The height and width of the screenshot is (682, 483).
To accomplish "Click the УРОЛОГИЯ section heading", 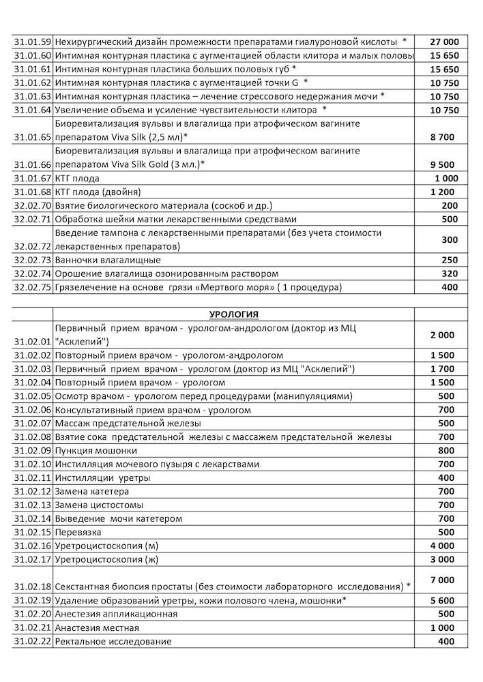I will (x=233, y=314).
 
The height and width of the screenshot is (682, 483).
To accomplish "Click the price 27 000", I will (x=444, y=42).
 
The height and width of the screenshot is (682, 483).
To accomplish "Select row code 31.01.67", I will (x=32, y=178).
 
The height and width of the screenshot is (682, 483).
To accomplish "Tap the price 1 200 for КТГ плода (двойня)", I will (x=444, y=192).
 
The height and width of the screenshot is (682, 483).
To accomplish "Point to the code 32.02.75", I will (x=32, y=287).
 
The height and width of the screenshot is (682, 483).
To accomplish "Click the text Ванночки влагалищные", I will (x=108, y=260).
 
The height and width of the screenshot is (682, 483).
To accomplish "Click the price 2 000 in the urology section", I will (x=444, y=335).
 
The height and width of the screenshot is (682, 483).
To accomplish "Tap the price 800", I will (x=447, y=450).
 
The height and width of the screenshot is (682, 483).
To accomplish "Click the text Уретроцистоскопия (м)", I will (x=107, y=546).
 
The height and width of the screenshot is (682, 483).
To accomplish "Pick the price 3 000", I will (x=444, y=559).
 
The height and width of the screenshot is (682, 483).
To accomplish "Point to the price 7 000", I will (x=444, y=579).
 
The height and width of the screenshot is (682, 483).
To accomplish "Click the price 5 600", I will (x=444, y=600).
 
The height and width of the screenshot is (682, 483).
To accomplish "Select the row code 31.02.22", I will (x=32, y=641).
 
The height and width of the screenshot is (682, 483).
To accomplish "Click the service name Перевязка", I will (x=79, y=532).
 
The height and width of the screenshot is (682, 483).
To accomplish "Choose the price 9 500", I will (x=444, y=164).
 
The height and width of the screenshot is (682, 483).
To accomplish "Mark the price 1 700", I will (x=444, y=369).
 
